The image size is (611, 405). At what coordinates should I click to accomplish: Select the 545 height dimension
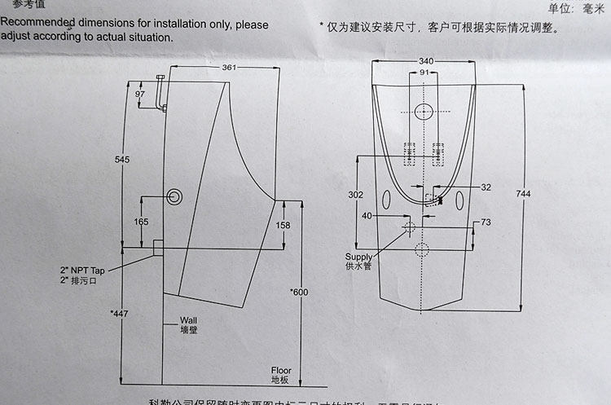[x=122, y=160]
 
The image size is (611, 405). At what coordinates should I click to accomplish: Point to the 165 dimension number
[x=141, y=222]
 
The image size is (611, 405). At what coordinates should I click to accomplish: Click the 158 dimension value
[x=283, y=225]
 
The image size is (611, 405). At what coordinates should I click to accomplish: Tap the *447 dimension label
[x=120, y=313]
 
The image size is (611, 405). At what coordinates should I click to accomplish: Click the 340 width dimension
[x=425, y=60]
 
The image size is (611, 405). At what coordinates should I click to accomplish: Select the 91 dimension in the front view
[x=424, y=73]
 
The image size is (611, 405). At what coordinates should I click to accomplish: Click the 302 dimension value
[x=354, y=195]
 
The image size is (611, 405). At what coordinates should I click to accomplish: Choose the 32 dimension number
[x=486, y=187]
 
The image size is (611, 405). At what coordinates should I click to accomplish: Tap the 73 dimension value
[x=486, y=222]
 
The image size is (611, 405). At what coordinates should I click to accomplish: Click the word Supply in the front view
[x=358, y=257]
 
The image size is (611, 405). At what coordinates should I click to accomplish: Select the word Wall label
[x=188, y=319]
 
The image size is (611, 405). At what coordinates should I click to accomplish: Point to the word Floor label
[x=281, y=370]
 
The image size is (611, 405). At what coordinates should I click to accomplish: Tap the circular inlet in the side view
[x=175, y=196]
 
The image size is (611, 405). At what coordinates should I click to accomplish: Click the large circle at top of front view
[x=424, y=112]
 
